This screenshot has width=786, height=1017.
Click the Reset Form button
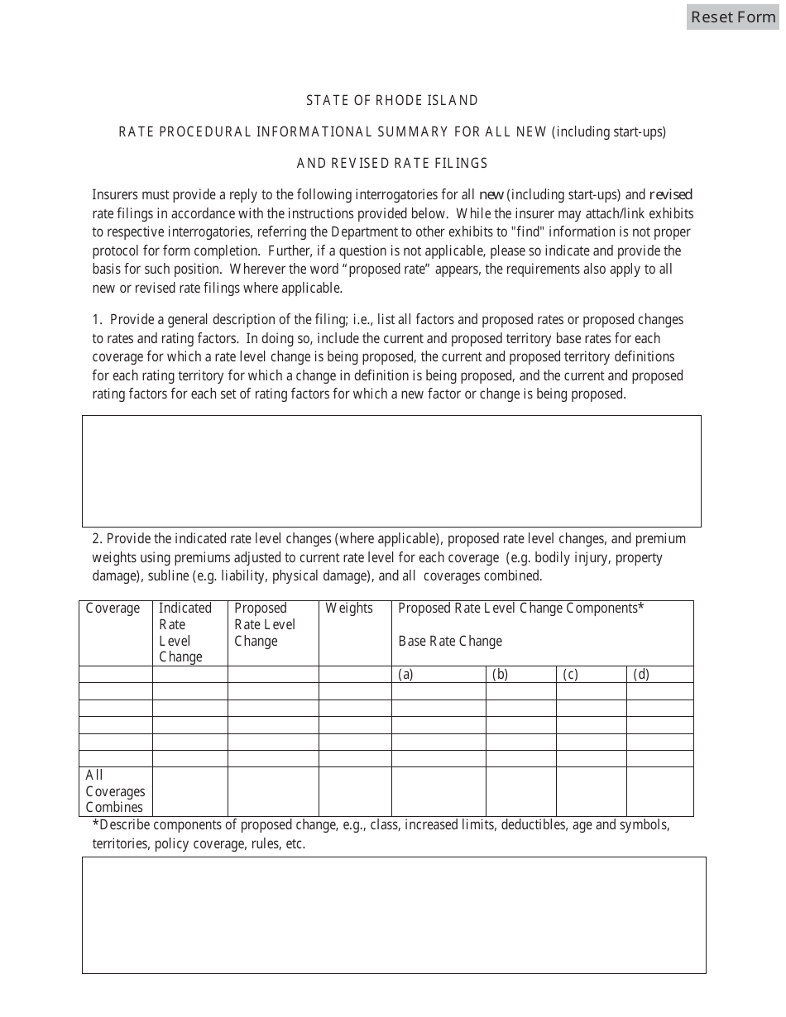click(733, 17)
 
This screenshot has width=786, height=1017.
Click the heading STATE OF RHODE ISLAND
click(392, 101)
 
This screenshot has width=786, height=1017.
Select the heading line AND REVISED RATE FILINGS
click(392, 164)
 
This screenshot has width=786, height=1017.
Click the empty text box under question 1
click(391, 471)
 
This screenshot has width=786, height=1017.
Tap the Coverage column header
click(113, 609)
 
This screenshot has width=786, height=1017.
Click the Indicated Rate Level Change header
click(185, 633)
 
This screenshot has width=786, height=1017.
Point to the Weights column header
click(349, 609)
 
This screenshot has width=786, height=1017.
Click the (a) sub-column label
click(406, 675)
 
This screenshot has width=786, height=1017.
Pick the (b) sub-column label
click(500, 675)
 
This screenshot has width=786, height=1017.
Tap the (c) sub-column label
click(570, 675)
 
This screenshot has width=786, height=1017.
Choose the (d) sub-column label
click(641, 675)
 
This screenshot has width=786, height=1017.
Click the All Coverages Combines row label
click(115, 791)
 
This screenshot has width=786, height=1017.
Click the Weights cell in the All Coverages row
click(355, 791)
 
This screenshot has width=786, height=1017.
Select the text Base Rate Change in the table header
click(450, 642)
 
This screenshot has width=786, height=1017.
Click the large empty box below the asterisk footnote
click(394, 914)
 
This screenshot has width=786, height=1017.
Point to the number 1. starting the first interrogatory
click(98, 320)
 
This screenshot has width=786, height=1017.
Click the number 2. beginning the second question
click(97, 539)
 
